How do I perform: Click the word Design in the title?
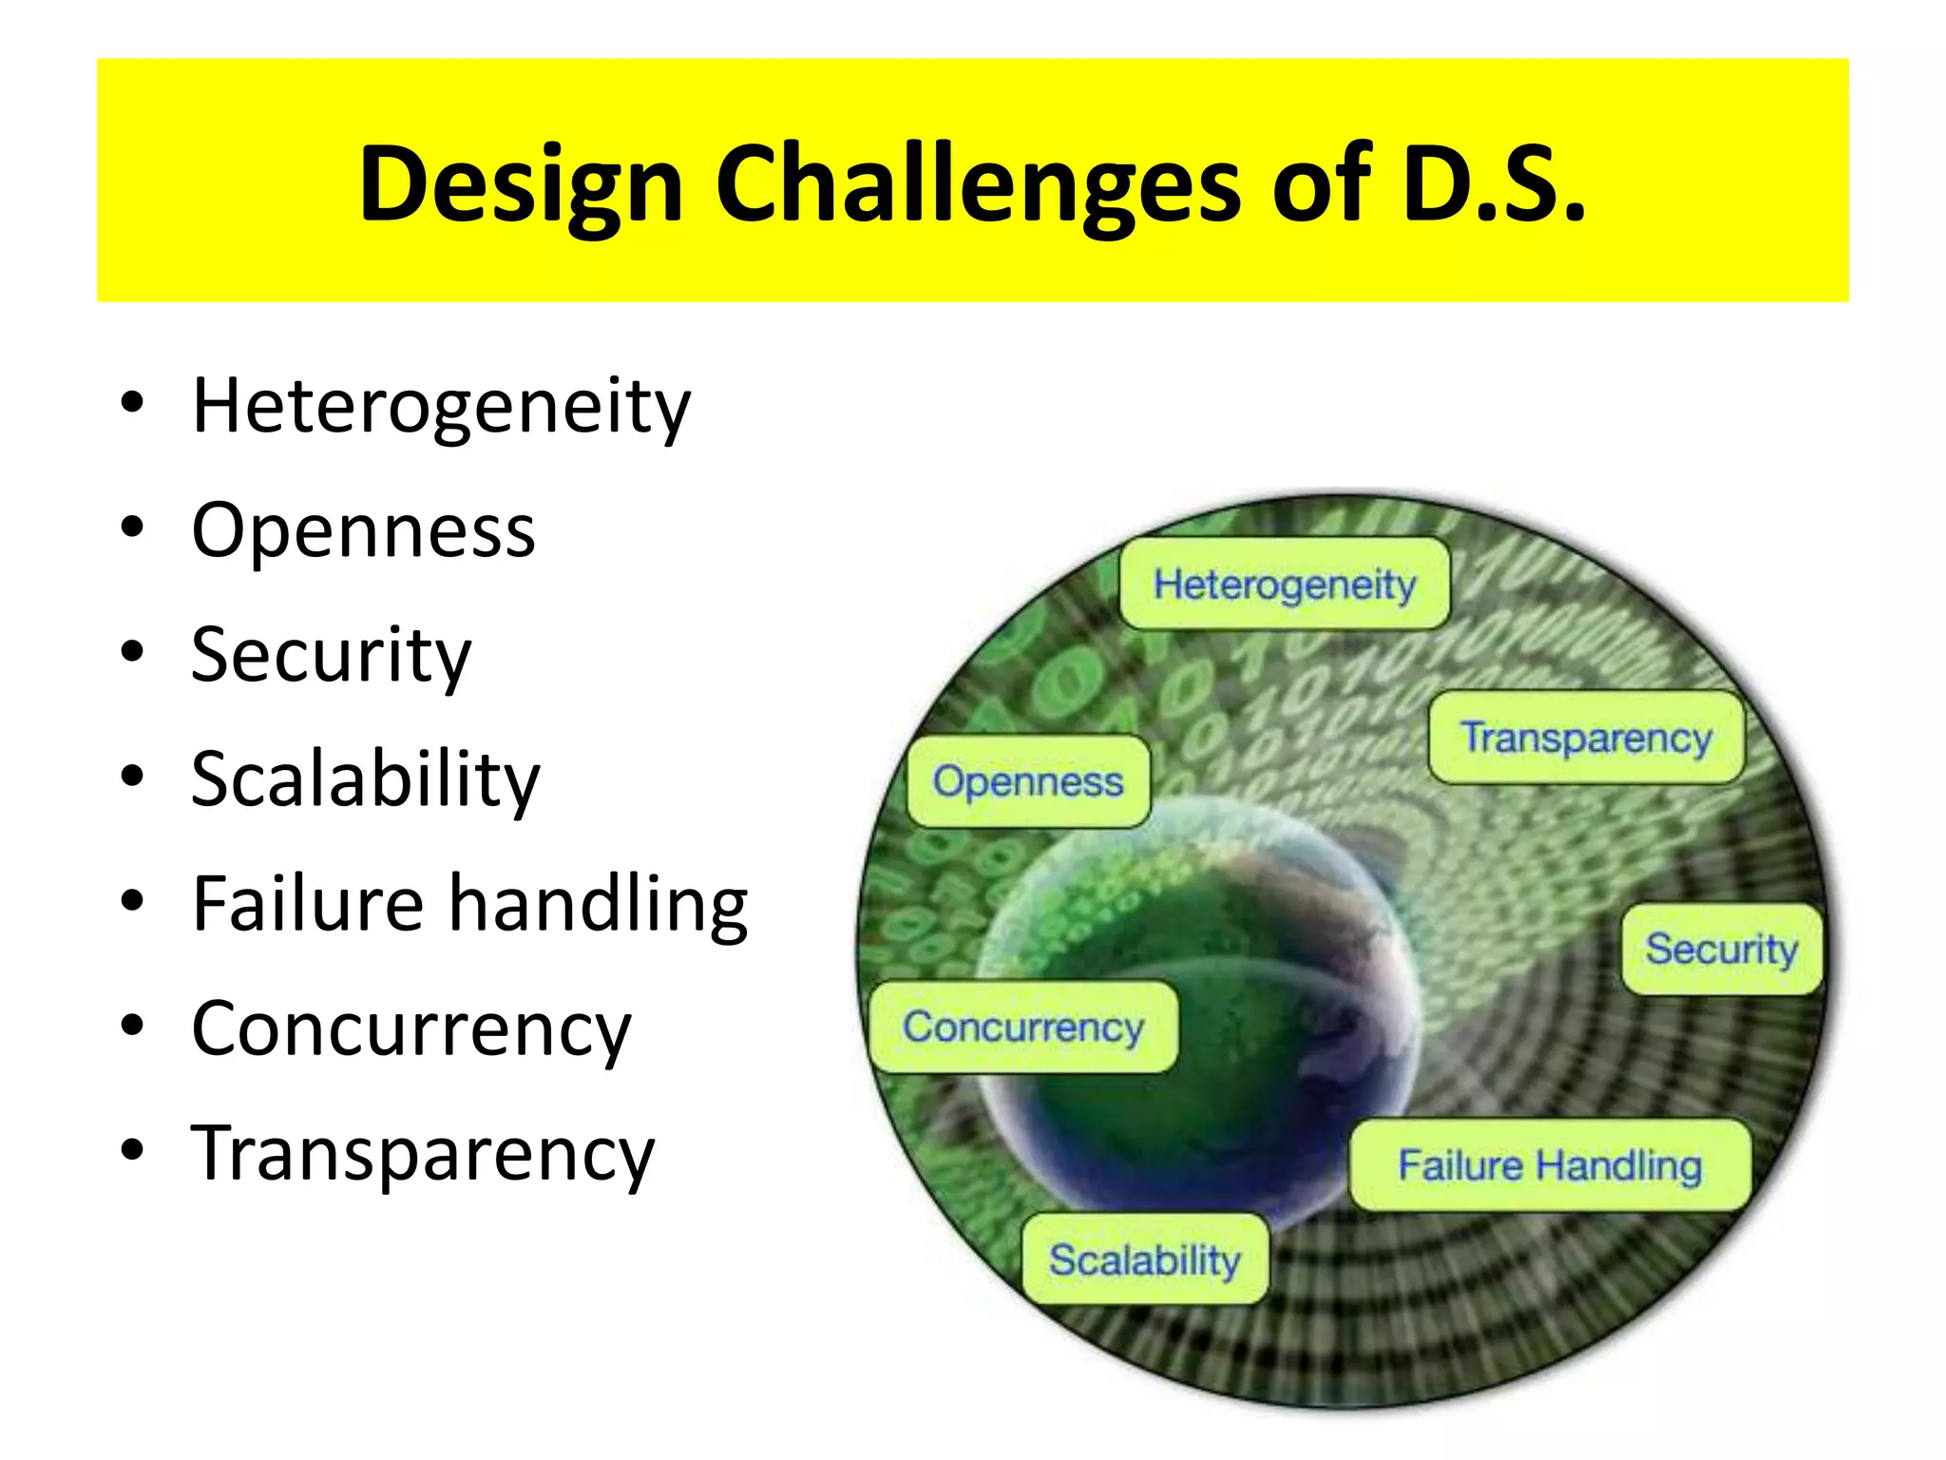521,185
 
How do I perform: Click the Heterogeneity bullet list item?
441,407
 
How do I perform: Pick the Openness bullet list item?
363,531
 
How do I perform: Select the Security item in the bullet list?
331,656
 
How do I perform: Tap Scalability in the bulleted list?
365,780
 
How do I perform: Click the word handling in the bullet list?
598,904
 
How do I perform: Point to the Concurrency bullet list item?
410,1029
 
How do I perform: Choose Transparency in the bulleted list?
423,1154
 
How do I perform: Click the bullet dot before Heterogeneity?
132,402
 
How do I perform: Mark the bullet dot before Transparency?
132,1149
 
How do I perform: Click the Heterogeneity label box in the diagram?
1284,585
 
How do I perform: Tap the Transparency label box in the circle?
1585,738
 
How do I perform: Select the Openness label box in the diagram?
1027,781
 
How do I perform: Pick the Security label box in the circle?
1721,949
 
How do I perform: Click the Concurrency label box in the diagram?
1022,1028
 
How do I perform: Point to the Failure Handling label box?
1549,1165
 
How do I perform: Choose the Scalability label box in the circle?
1144,1259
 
